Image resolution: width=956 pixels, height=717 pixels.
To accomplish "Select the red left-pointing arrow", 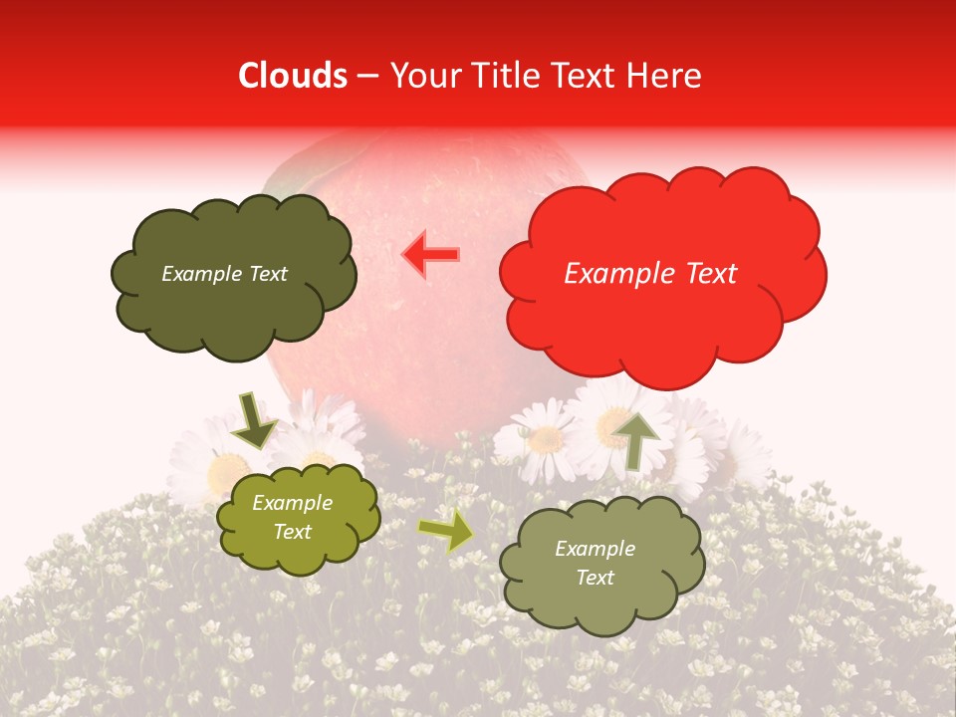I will coord(431,255).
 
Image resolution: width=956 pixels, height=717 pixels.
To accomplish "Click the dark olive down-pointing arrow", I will coord(255,419).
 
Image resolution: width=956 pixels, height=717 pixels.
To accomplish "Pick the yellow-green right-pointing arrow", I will coord(445,530).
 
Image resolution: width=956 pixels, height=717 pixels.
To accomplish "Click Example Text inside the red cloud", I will coord(650,274).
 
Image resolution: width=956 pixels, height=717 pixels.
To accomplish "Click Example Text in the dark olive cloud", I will coord(224,274).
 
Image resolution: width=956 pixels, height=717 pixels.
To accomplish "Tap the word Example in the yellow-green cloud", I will coord(292,504).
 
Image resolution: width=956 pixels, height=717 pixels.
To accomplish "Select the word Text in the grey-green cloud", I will coord(595,578).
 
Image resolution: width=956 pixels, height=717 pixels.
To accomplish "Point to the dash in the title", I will coord(366,76).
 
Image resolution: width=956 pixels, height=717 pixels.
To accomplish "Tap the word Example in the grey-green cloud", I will coord(595,549).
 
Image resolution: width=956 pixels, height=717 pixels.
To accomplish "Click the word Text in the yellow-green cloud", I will coord(292,532).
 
